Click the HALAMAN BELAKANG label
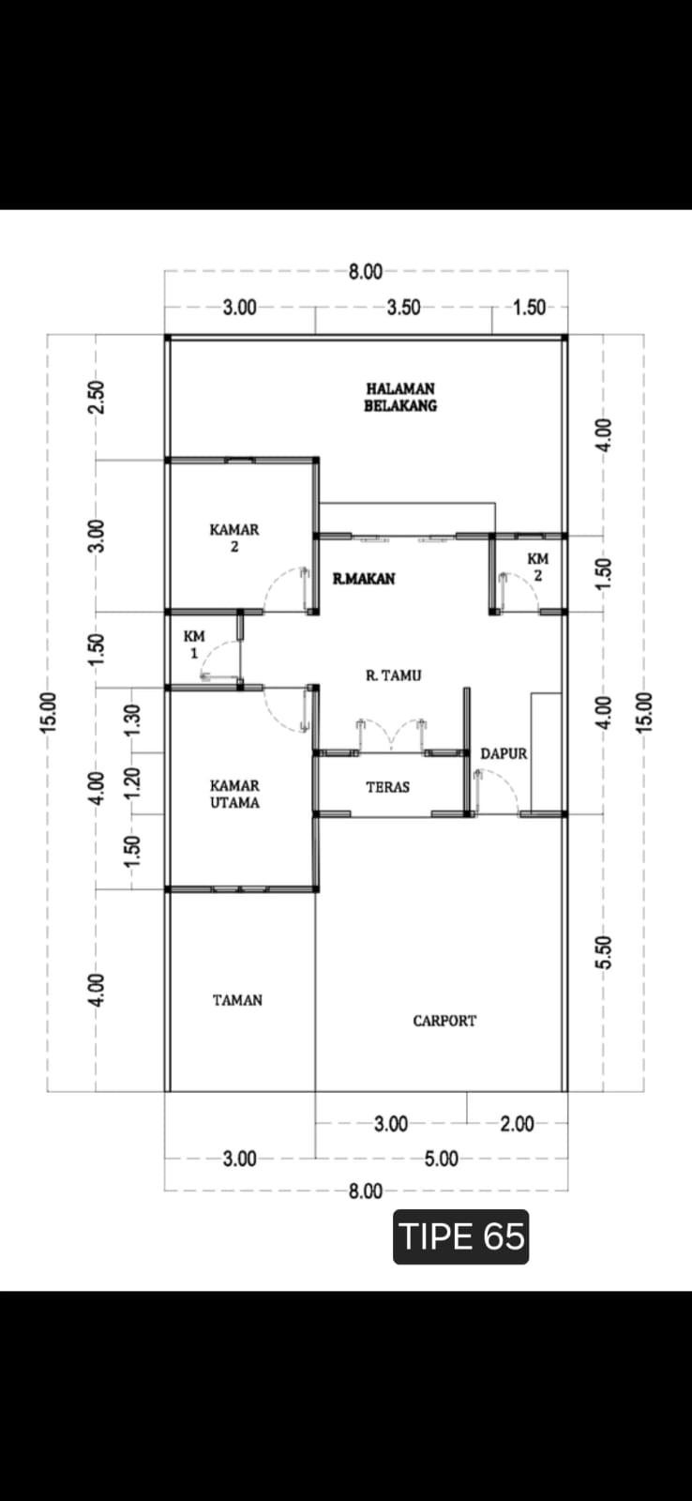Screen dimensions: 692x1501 400,397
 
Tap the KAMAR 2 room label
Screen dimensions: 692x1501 233,538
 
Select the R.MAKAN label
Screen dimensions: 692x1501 364,578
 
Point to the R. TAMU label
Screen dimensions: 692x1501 393,675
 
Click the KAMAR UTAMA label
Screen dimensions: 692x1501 234,794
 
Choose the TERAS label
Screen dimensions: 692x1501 388,787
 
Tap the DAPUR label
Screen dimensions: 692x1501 504,754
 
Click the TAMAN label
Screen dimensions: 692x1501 238,1000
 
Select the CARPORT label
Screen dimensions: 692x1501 444,1021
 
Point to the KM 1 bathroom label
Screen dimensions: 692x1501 194,644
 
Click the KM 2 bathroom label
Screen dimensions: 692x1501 538,567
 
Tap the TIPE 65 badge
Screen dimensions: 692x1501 461,1237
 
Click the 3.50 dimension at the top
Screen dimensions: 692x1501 404,308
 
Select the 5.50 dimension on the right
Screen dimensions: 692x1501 604,952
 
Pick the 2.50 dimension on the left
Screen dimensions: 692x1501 97,398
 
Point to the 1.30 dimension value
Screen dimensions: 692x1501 132,720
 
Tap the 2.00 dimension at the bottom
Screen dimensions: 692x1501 518,1124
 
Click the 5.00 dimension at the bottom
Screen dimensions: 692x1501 442,1159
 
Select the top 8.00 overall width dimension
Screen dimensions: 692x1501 366,272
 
